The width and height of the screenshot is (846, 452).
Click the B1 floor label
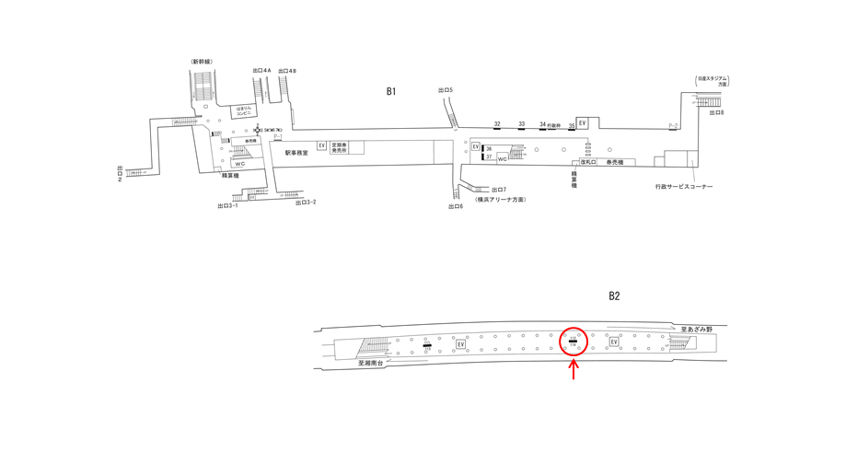coord(390,91)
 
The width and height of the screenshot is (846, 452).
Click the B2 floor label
coord(614,296)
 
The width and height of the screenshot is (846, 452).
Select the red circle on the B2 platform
coord(574,342)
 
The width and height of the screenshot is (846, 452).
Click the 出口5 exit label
coord(446,89)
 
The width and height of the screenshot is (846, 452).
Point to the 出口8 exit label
coord(716,112)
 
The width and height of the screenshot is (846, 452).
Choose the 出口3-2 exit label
coord(306,203)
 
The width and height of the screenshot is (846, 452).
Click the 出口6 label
coord(455,207)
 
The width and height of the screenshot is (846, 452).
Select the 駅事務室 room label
coord(296,153)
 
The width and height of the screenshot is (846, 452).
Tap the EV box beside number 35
coord(582,122)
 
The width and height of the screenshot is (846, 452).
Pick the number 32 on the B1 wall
coord(497,123)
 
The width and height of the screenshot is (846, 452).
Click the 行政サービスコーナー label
coord(678,187)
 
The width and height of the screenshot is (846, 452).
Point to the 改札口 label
coord(587,162)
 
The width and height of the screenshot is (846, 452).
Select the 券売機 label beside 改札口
coord(614,162)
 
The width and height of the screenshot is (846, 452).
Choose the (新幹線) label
coord(202,62)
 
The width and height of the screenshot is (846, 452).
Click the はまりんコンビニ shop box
coord(243,110)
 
